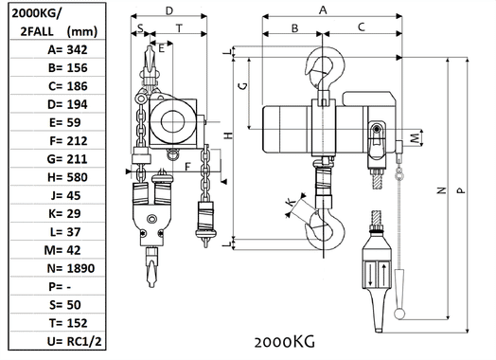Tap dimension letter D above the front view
168,10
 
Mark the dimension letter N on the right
442,190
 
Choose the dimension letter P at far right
461,190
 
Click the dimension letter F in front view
188,168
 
